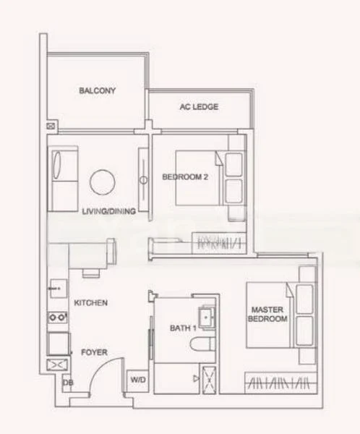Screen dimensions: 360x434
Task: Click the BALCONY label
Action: [97, 90]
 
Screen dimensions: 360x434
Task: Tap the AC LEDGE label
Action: [199, 107]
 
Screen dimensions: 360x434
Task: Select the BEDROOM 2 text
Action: [185, 177]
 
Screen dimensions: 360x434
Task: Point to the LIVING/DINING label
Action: [108, 211]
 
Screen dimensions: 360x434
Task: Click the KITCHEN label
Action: [91, 303]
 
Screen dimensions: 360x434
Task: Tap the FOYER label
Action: [94, 352]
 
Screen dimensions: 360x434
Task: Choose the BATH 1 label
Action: [183, 328]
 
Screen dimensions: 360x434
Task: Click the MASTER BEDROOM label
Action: [267, 314]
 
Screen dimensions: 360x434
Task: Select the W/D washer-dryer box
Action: [137, 380]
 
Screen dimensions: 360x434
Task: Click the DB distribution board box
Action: [67, 383]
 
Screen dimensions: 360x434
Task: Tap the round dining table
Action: [103, 182]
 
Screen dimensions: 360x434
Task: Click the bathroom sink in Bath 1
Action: [207, 318]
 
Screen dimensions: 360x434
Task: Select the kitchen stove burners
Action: [57, 318]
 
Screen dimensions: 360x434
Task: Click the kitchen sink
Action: [59, 289]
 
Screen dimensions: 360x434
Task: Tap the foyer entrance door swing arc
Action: [103, 368]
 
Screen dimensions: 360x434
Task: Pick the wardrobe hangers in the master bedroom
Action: [280, 383]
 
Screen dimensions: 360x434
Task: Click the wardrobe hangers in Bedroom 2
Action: [219, 243]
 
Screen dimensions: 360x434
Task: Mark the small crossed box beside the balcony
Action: [51, 126]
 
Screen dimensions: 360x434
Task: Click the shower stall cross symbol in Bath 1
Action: [209, 380]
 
